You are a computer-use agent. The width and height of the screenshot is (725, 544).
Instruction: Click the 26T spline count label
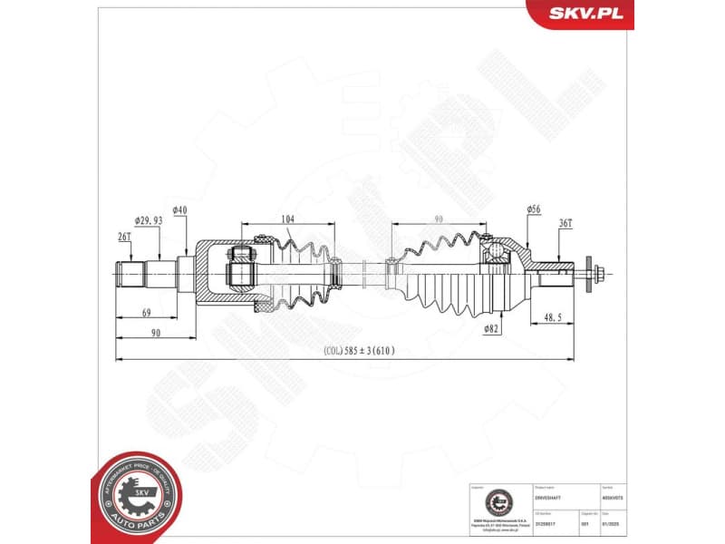[124, 238]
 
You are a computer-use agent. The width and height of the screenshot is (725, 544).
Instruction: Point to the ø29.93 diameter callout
[149, 220]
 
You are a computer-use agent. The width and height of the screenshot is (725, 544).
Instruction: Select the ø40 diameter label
[179, 210]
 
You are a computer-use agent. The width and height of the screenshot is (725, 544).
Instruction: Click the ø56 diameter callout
[534, 210]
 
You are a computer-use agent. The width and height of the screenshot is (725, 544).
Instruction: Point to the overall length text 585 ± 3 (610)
[359, 351]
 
